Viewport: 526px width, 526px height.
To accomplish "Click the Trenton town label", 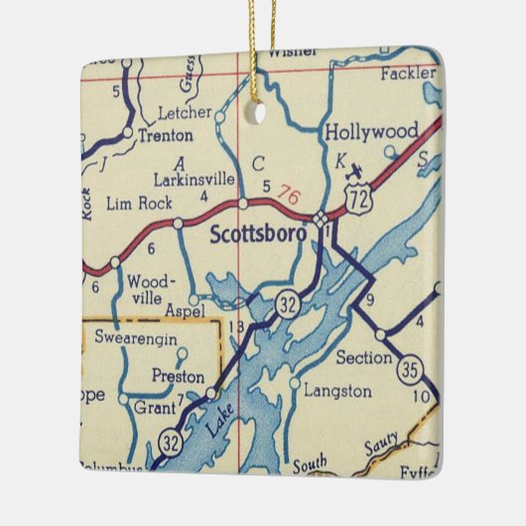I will tap(163, 133).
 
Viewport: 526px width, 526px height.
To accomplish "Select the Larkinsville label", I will tap(195, 180).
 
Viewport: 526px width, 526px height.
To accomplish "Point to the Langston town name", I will tap(337, 390).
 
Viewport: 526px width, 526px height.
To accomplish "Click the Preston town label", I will tap(178, 376).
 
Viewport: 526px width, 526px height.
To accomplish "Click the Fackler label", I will tap(407, 73).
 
